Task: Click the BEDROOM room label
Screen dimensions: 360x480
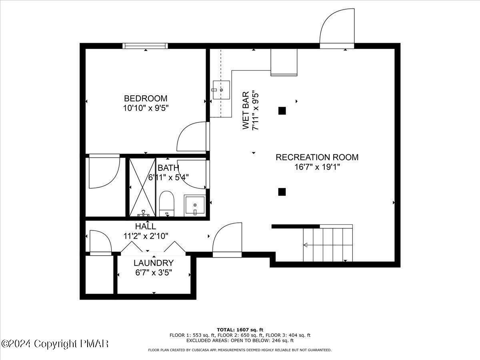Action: point(145,98)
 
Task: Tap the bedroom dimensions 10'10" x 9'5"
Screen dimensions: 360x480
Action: point(145,108)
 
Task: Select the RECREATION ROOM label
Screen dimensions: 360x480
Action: point(317,157)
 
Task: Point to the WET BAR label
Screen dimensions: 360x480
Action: point(246,110)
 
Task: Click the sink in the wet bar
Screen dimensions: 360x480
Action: point(221,90)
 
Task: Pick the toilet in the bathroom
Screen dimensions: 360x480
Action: point(166,204)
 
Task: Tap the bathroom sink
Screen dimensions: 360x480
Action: point(194,206)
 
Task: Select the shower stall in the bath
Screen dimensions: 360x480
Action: point(141,187)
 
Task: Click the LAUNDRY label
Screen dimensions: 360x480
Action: point(154,263)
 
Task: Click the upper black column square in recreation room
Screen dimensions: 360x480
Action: point(282,111)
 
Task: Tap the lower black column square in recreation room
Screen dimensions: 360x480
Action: point(282,192)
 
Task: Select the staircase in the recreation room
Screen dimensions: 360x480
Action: point(328,244)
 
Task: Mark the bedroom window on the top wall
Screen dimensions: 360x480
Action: point(145,46)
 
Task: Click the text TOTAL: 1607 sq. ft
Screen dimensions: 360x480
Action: point(240,330)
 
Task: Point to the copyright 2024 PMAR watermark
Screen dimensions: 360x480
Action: point(55,344)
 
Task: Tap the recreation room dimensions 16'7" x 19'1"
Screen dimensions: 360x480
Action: point(317,167)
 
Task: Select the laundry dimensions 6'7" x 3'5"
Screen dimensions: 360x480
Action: point(154,274)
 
